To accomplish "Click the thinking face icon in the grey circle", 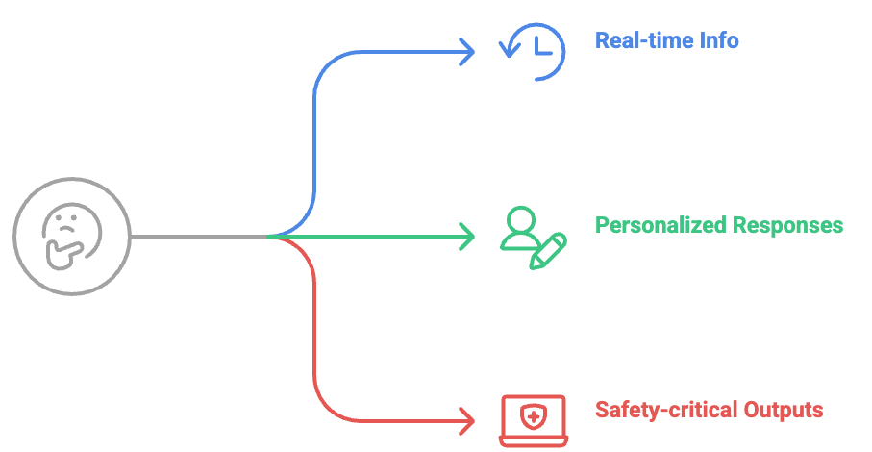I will pyautogui.click(x=72, y=237).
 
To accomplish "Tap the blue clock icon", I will pyautogui.click(x=535, y=50).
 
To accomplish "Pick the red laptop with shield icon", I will pyautogui.click(x=534, y=419).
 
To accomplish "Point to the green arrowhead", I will pyautogui.click(x=467, y=236).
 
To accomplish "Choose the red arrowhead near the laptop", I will pyautogui.click(x=467, y=420).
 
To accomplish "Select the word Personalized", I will pyautogui.click(x=660, y=226).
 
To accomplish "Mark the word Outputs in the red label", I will pyautogui.click(x=785, y=411).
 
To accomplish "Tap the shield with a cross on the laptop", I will pyautogui.click(x=534, y=415).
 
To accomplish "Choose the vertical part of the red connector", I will pyautogui.click(x=314, y=327).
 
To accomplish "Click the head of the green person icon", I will pyautogui.click(x=521, y=218).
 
